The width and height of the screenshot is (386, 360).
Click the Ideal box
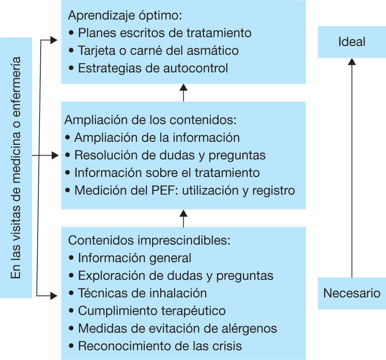coord(351,42)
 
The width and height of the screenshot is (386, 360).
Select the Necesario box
coord(351,294)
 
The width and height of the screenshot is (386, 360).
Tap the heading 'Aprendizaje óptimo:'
coord(125,15)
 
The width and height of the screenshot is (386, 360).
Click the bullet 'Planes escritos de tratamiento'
coord(164,33)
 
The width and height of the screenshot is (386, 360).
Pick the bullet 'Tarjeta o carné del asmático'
coord(158,51)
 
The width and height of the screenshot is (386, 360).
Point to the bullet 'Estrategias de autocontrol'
coord(152,68)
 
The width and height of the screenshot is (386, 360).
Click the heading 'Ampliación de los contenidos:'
coord(150,119)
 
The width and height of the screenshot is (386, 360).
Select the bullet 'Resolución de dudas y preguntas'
coord(169,155)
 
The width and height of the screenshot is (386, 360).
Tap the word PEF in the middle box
coord(157,191)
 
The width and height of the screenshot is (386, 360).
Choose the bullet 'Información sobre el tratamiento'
coord(167,173)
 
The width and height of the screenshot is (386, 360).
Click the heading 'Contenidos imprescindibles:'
coord(149,240)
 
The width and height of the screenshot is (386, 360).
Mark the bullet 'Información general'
coord(134,258)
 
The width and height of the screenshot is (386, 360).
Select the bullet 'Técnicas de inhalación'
coord(142,293)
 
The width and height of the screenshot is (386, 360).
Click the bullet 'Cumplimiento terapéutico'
coord(151,310)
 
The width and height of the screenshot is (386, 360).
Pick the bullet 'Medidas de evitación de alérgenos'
coord(177,328)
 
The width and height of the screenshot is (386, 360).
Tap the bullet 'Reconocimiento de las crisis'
coord(160,346)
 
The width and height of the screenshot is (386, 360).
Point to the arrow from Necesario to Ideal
coord(351,169)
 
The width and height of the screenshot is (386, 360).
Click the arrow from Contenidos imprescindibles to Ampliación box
coord(184,218)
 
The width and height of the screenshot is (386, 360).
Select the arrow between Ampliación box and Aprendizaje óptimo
coord(184,93)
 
